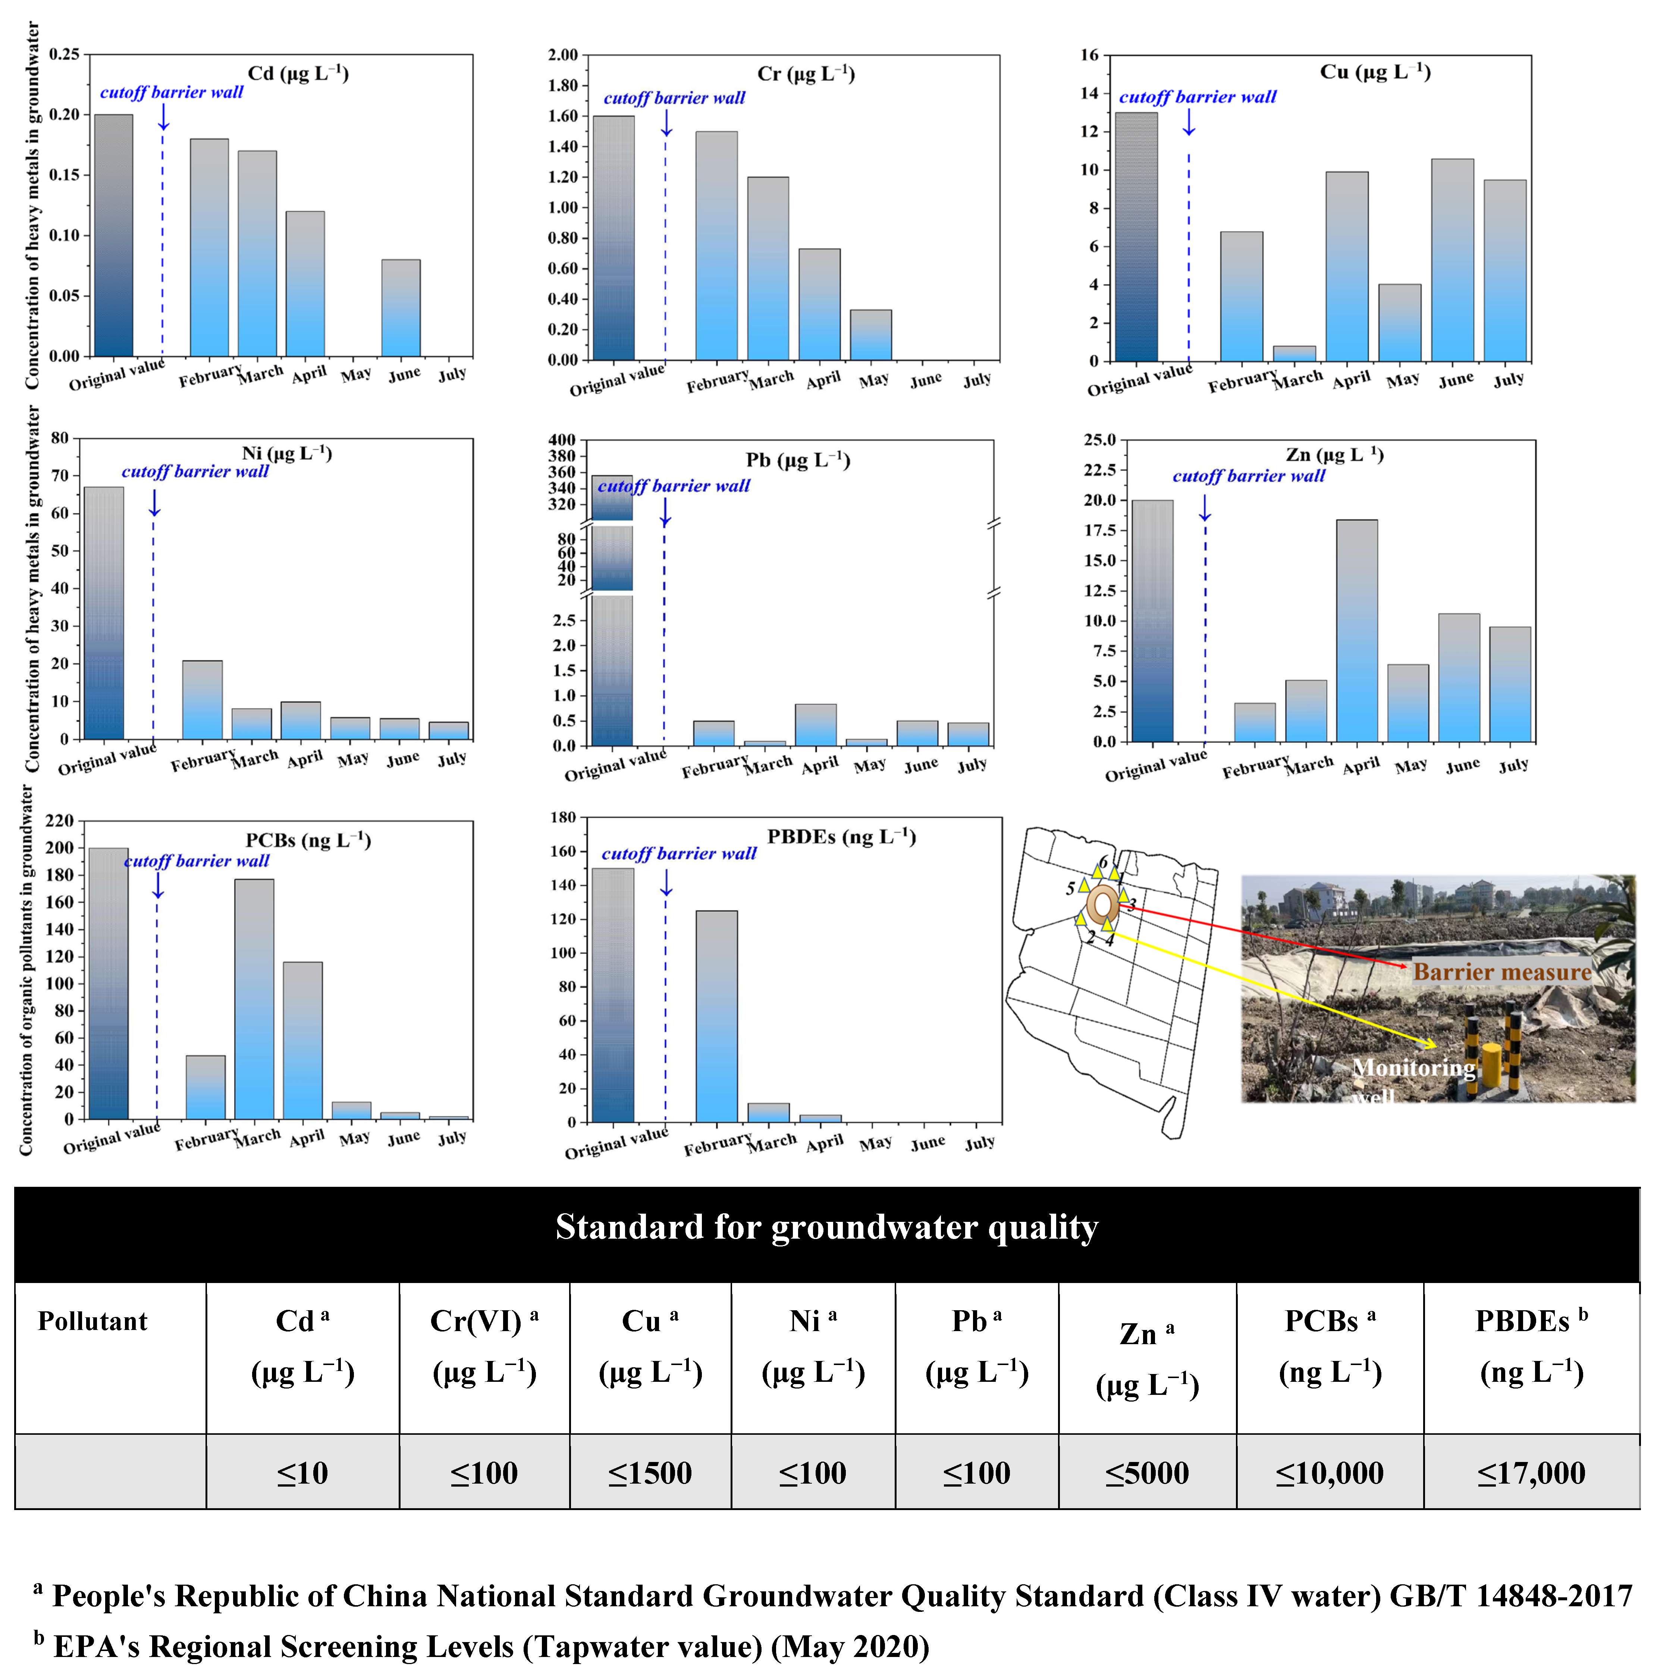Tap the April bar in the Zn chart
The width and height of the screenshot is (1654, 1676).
[x=1356, y=631]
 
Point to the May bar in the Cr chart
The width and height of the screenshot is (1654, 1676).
[x=870, y=335]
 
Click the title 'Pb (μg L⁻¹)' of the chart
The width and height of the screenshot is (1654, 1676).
[x=797, y=460]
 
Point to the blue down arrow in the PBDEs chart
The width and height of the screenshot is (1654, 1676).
[x=666, y=882]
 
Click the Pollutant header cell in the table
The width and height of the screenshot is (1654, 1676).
[x=93, y=1321]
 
